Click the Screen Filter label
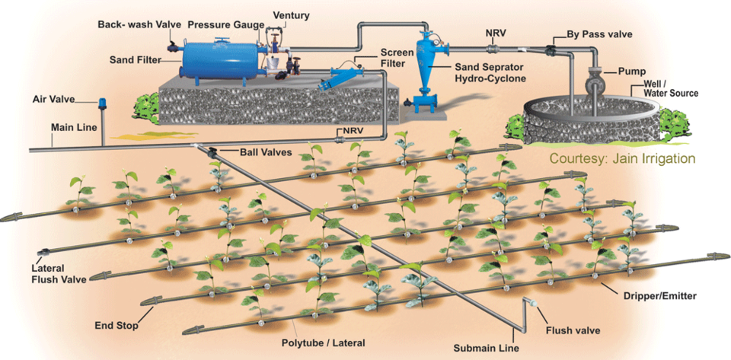(396, 58)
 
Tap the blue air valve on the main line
(102, 102)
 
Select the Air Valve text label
(52, 100)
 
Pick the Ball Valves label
(267, 152)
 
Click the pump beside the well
(597, 79)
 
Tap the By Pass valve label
(599, 35)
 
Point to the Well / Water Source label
(670, 88)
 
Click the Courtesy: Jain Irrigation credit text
(624, 159)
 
